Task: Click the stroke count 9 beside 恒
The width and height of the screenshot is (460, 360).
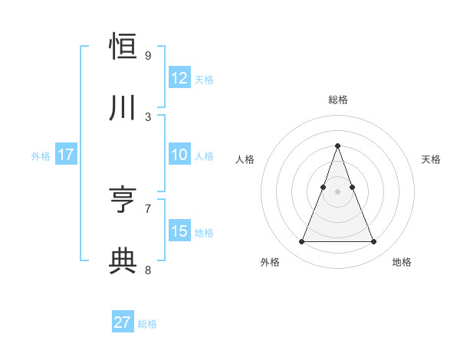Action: [148, 56]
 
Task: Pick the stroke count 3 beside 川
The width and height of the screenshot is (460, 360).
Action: [148, 116]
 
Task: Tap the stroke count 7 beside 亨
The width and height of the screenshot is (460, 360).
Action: [148, 208]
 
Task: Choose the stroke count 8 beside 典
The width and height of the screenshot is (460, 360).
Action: [148, 269]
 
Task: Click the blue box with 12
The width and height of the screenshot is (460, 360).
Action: [179, 78]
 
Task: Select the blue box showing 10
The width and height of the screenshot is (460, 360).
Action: [179, 155]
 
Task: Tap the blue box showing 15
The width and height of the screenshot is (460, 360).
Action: [179, 231]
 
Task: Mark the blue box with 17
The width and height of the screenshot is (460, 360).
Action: [66, 155]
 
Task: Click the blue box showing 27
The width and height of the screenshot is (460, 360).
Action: [123, 322]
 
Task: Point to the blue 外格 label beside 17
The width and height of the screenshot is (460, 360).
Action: [41, 155]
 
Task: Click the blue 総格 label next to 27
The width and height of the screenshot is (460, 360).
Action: [147, 323]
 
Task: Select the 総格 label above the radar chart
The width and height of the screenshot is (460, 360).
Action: [337, 100]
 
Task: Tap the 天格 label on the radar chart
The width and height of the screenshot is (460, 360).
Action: [431, 159]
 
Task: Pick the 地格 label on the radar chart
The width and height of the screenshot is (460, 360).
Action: [402, 262]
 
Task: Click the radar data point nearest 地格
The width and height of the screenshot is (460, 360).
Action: [373, 242]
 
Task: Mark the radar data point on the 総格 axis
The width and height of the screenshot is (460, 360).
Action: [337, 146]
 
